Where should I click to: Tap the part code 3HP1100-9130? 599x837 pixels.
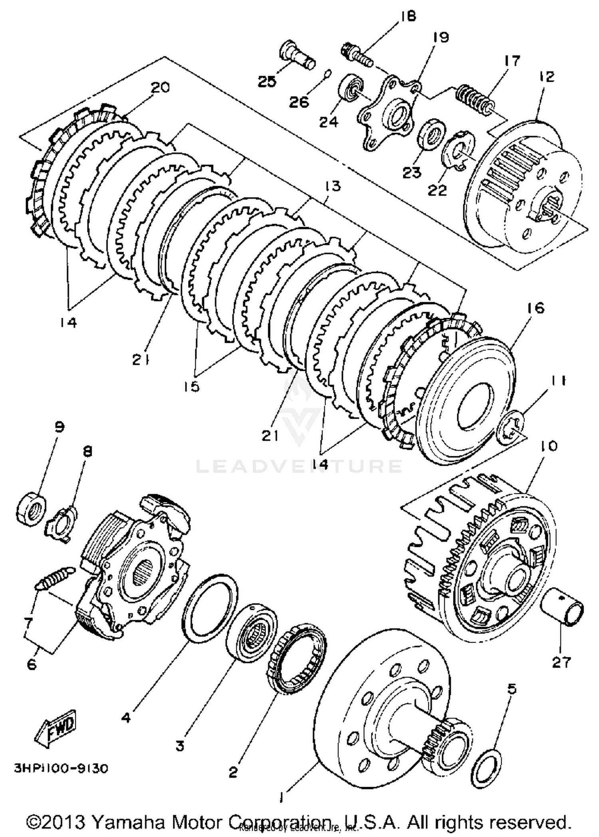pos(61,769)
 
